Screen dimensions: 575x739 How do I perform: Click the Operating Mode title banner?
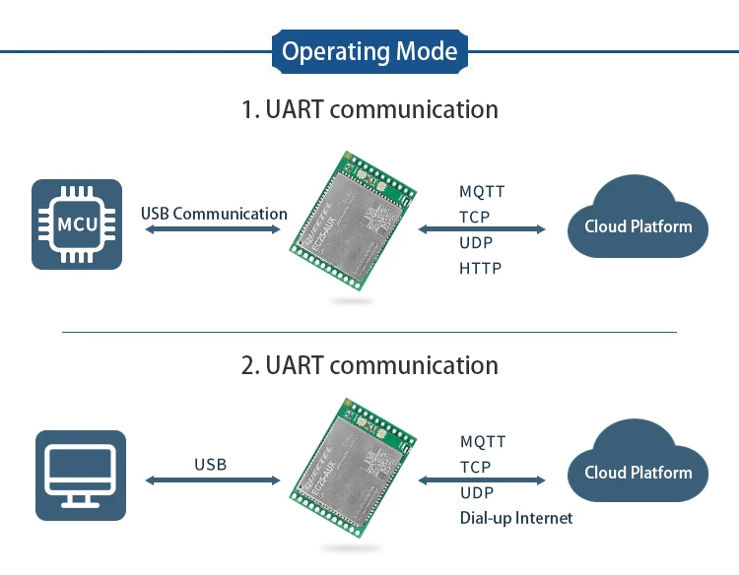coord(369,51)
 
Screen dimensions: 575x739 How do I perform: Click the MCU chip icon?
coord(77,224)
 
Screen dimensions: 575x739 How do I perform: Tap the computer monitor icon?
coord(81,475)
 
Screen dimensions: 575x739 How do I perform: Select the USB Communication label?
coord(214,214)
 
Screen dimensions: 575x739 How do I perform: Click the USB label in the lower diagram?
coord(210,464)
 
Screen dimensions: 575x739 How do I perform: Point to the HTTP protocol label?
coord(480,268)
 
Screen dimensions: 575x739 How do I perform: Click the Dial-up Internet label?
coord(515,518)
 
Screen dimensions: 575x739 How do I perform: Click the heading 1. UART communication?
coord(369,108)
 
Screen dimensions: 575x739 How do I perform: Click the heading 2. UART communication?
coord(369,365)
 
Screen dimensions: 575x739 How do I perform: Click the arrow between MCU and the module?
coord(213,229)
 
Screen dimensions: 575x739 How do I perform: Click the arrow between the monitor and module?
coord(213,479)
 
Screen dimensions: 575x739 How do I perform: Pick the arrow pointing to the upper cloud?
coord(482,229)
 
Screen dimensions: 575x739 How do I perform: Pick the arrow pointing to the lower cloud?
coord(482,479)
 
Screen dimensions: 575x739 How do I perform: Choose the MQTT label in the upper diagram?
coord(482,192)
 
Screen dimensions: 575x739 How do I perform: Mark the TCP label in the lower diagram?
coord(475,468)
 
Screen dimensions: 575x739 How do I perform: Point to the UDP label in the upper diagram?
coord(476,242)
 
